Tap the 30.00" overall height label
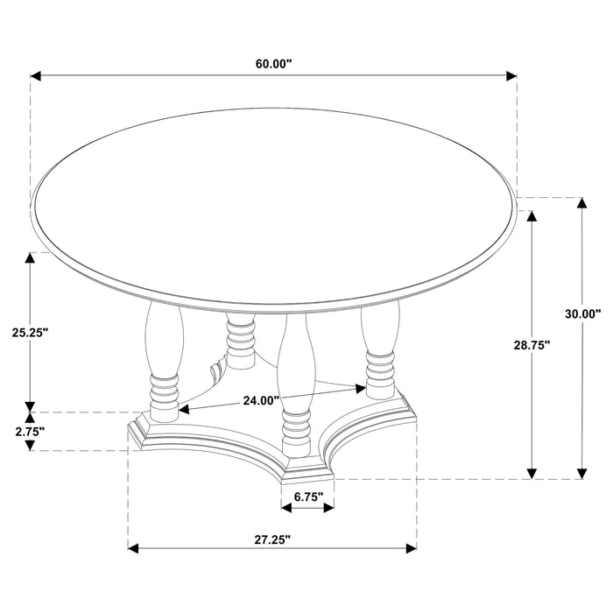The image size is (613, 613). (581, 314)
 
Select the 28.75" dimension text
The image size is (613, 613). (531, 346)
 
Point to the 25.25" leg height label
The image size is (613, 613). (30, 332)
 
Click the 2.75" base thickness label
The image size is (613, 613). (30, 430)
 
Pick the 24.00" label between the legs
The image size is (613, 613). (261, 400)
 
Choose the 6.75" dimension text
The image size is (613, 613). (308, 497)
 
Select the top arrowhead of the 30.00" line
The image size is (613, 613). (581, 204)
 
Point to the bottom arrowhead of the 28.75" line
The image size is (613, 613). (532, 473)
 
